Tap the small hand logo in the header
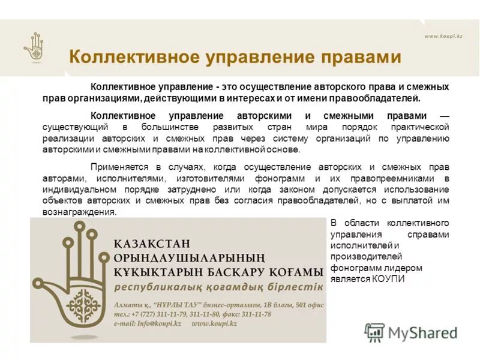(34, 47)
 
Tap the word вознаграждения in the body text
(79, 212)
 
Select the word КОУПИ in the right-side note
(389, 279)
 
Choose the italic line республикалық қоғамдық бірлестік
(218, 286)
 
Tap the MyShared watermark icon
(374, 332)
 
